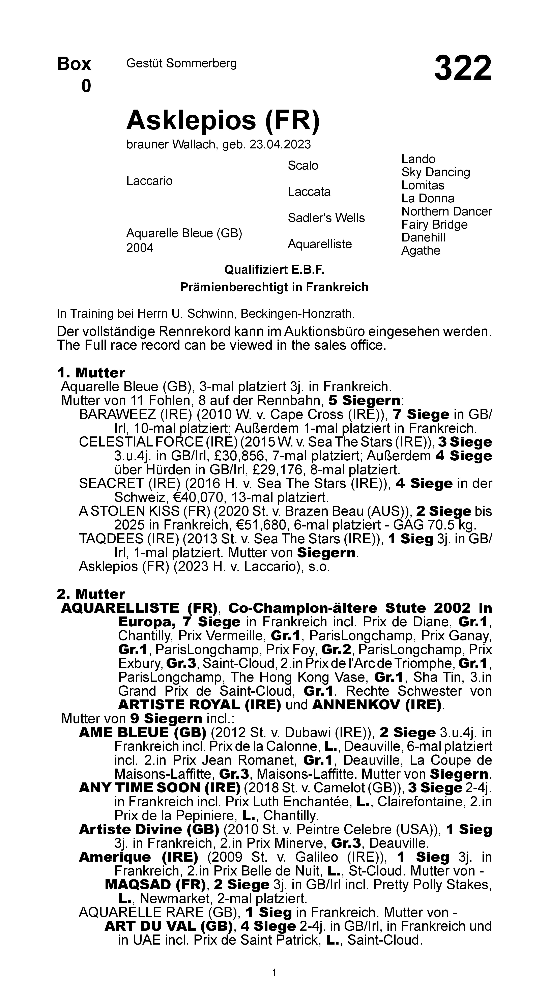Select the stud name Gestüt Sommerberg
coord(181,63)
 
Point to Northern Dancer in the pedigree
coord(446,211)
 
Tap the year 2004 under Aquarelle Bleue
coord(140,248)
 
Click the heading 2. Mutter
coord(91,594)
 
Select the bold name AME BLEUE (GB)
coord(142,732)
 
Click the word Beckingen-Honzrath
coord(297,314)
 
